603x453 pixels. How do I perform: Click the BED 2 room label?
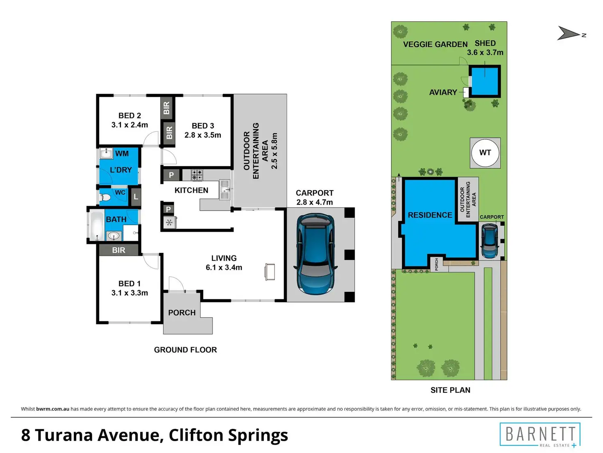click(129, 116)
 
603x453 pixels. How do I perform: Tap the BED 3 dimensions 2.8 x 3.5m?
click(203, 135)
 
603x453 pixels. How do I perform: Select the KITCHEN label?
click(191, 190)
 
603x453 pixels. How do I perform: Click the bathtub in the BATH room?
click(97, 226)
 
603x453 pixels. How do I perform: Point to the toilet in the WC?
click(105, 198)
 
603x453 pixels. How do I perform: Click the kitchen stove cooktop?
click(197, 175)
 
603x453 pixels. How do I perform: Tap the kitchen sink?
click(224, 190)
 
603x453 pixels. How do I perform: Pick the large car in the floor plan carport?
click(315, 254)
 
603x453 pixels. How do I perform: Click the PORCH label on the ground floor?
click(182, 312)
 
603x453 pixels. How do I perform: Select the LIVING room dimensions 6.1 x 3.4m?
click(224, 267)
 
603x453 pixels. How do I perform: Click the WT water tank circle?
click(485, 153)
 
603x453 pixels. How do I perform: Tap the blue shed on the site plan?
click(485, 81)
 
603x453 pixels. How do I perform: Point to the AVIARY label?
click(443, 92)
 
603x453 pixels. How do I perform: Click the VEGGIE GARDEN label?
click(435, 44)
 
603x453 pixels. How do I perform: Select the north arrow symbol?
click(570, 33)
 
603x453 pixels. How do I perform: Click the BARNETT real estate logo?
click(540, 435)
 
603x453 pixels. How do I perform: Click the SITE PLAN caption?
click(450, 390)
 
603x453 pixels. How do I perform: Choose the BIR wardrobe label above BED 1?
click(118, 250)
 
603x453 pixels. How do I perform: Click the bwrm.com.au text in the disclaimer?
click(52, 409)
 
